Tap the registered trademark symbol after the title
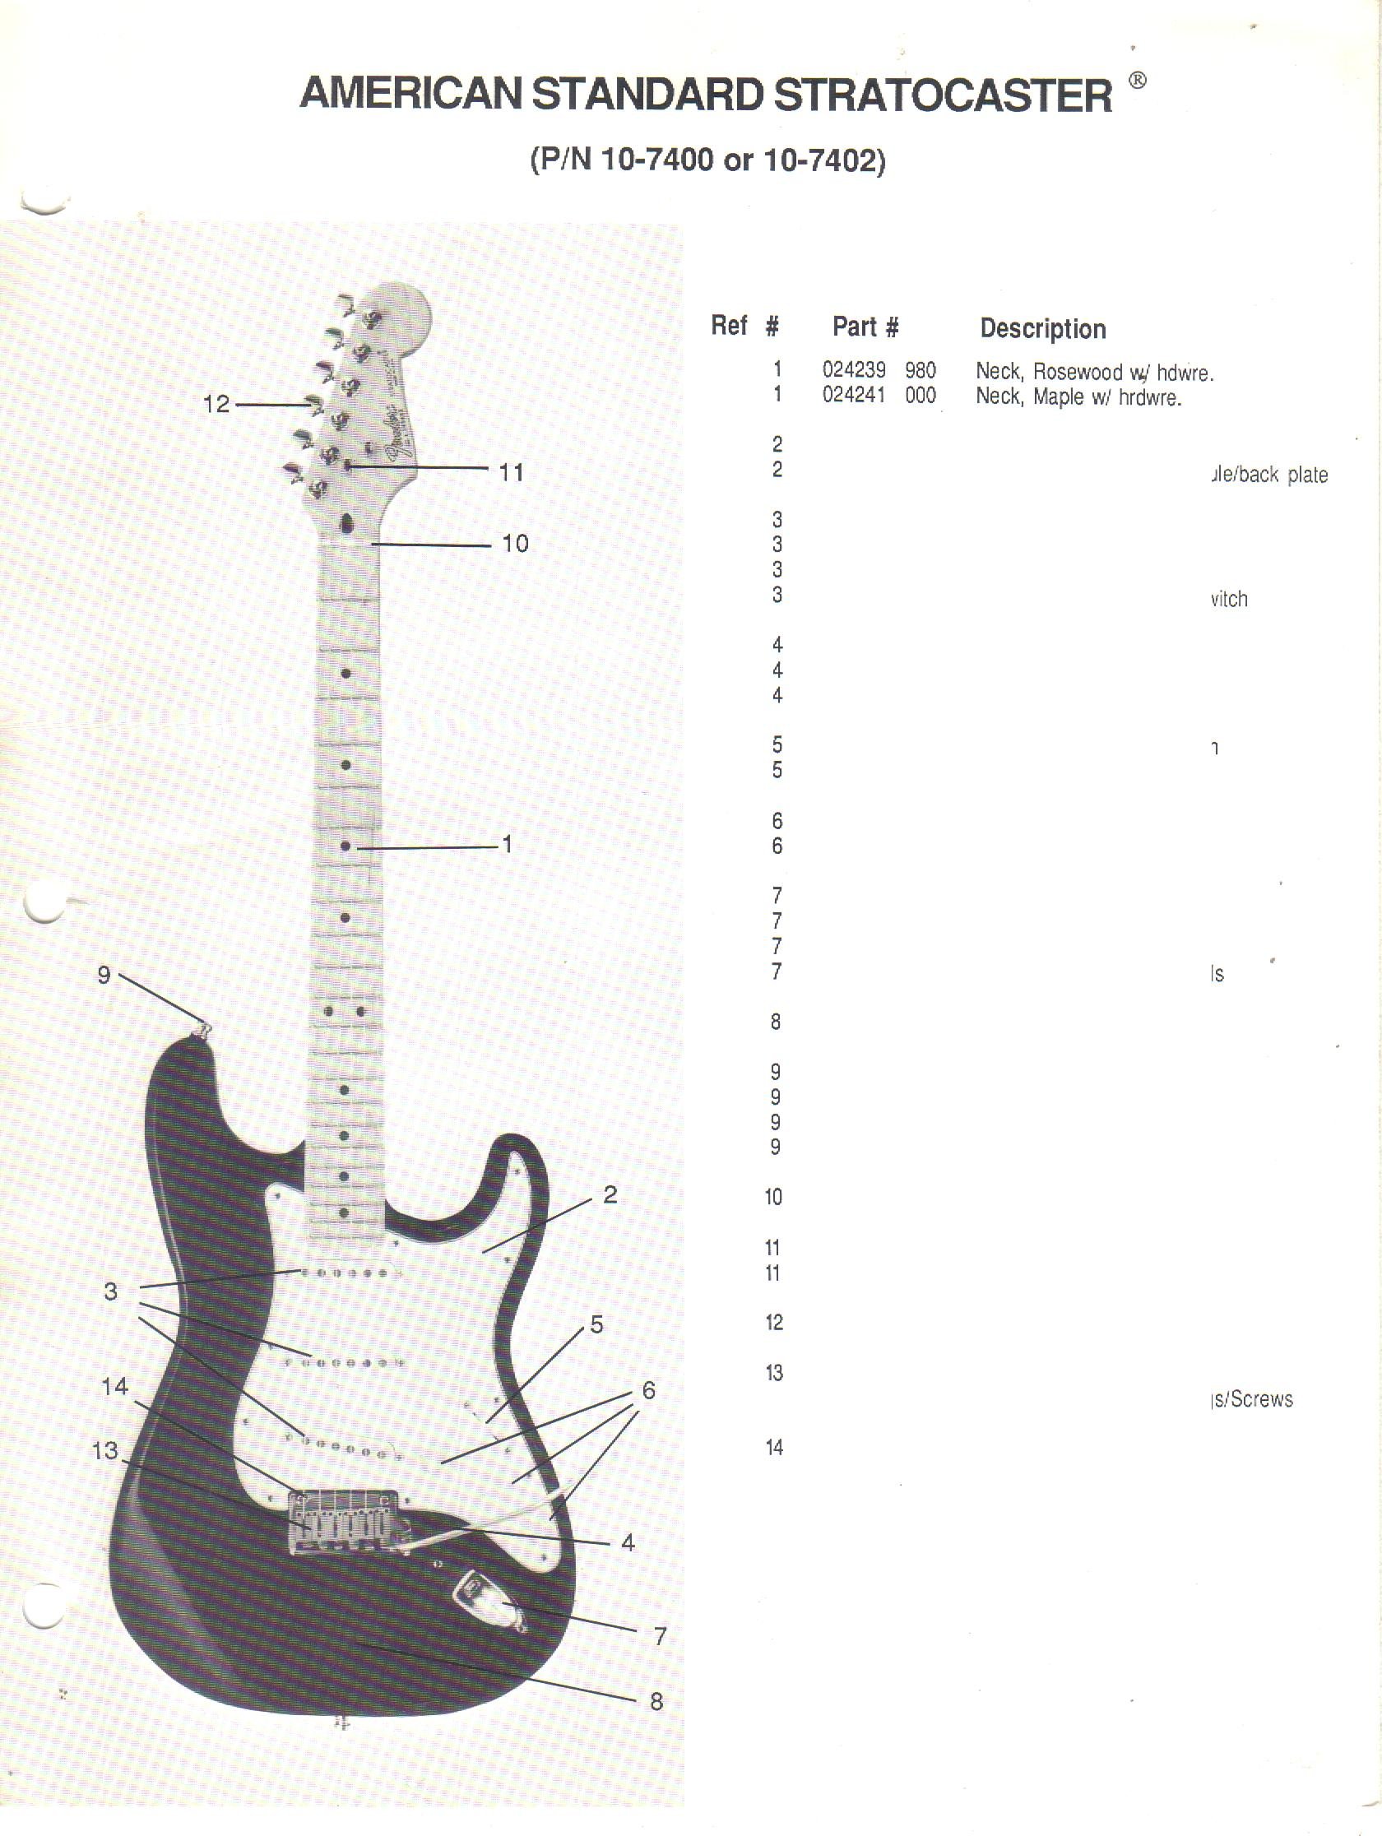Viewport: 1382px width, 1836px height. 1138,81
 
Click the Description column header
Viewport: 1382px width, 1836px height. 1042,329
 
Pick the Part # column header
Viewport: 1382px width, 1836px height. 865,327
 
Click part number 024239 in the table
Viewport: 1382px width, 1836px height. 853,370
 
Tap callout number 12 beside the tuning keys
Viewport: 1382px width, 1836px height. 216,404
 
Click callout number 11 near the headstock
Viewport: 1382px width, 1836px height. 511,472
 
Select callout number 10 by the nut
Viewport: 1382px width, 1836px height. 515,544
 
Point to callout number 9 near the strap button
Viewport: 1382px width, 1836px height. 104,975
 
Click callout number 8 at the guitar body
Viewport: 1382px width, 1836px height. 656,1702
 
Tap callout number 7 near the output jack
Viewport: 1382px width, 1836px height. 660,1636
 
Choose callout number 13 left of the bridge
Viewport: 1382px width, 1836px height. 105,1450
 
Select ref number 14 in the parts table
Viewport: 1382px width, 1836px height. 773,1449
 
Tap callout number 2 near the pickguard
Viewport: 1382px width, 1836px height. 610,1194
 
